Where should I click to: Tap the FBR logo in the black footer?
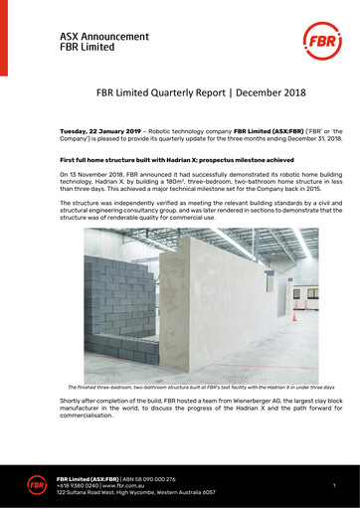[x=37, y=484]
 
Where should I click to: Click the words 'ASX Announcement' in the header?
[x=104, y=36]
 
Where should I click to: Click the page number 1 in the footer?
[x=334, y=484]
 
